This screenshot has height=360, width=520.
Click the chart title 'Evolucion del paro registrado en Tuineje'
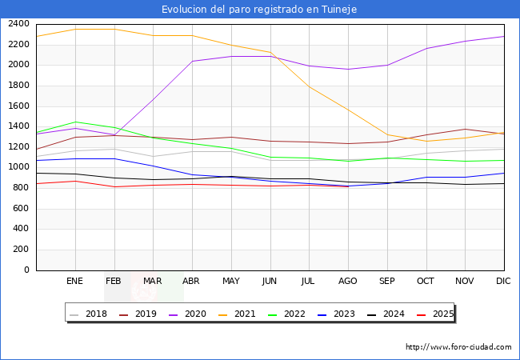[x=259, y=10]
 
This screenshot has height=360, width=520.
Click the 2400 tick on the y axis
[x=18, y=24]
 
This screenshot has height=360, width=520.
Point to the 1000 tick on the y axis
[x=18, y=167]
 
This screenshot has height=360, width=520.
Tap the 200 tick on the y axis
[x=22, y=250]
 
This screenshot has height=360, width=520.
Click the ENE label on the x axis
[x=74, y=282]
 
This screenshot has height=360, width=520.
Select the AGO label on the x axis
[x=347, y=282]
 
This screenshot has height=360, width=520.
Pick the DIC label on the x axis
[x=503, y=282]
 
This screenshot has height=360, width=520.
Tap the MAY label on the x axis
[x=230, y=282]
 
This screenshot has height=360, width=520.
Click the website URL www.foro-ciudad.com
[x=458, y=347]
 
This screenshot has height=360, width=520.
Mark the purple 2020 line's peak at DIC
[x=504, y=36]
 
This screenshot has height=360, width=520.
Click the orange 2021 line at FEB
[x=114, y=29]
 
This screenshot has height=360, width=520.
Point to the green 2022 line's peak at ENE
[x=75, y=122]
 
